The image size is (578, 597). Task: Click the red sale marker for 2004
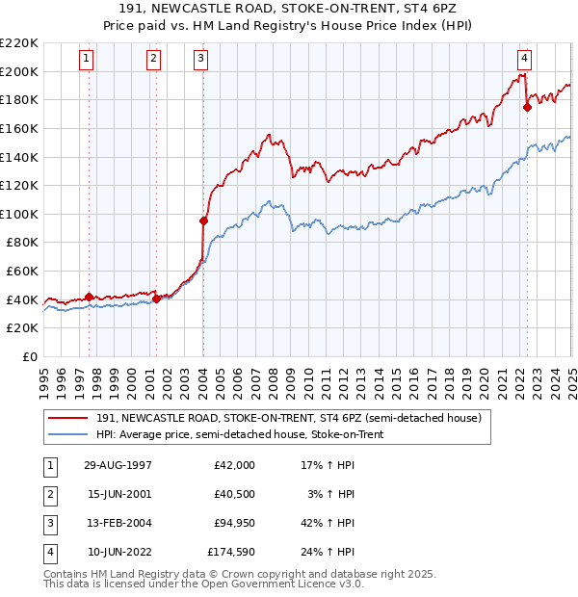tap(204, 221)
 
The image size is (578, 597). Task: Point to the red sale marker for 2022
tap(527, 108)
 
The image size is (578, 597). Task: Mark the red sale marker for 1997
tap(90, 297)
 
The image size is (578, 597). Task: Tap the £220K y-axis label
tap(19, 43)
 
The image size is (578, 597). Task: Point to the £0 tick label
tap(32, 356)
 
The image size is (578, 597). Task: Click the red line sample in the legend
tap(69, 417)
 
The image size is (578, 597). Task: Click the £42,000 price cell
tap(234, 465)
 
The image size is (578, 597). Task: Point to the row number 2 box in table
tap(48, 495)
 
